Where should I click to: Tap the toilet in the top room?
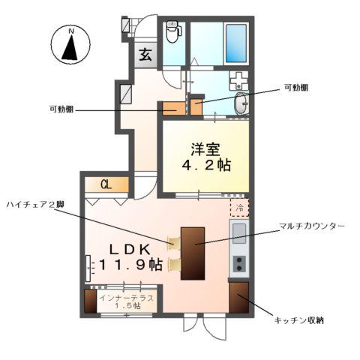click(172, 32)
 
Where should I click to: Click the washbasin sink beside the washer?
click(241, 105)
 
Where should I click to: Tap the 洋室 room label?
click(205, 148)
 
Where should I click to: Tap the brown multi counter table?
click(193, 251)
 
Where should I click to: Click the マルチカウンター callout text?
click(311, 225)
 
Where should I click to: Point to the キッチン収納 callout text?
click(298, 321)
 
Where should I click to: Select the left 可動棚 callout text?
click(61, 110)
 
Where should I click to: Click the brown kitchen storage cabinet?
click(239, 298)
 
